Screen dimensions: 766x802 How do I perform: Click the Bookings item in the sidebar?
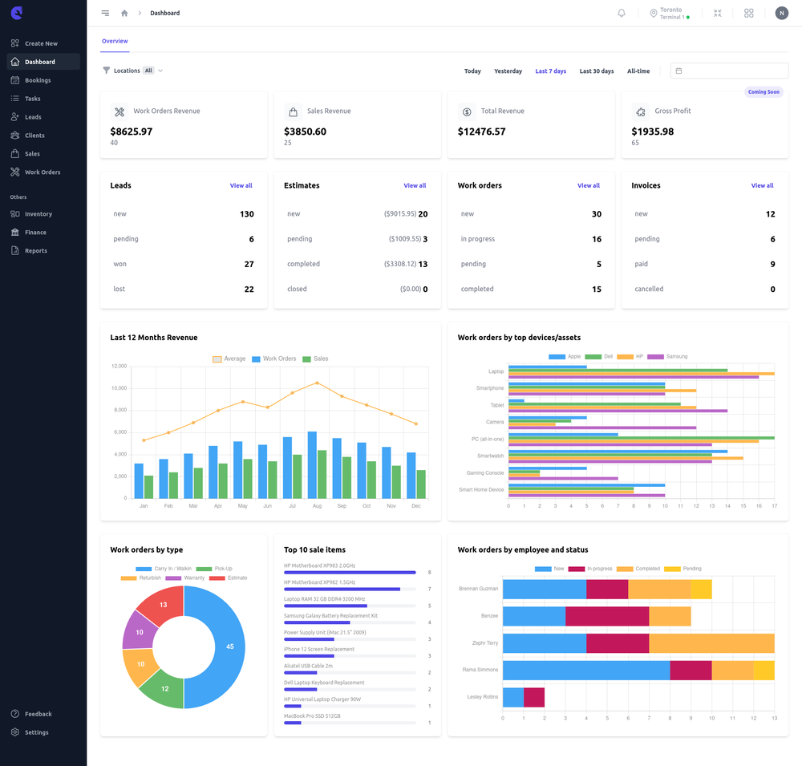point(37,80)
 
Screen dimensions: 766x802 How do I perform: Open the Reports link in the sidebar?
point(35,251)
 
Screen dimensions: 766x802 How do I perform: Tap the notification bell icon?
point(622,13)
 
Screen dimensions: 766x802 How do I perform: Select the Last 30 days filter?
point(597,71)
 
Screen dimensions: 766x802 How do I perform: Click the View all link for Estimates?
point(415,185)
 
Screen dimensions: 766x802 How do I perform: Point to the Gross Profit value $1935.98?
point(652,132)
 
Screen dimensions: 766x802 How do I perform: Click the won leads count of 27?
point(249,264)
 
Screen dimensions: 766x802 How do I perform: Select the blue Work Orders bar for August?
point(312,465)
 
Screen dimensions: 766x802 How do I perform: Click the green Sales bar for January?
point(148,487)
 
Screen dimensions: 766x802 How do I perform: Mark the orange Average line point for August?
point(317,383)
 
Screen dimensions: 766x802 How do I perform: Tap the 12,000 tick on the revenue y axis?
point(119,367)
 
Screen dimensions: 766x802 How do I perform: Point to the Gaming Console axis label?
point(485,473)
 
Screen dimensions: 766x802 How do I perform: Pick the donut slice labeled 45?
point(230,646)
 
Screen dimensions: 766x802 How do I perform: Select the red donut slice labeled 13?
point(163,605)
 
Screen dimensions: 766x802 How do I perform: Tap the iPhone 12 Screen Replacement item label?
point(319,649)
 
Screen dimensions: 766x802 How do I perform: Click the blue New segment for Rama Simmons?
point(585,670)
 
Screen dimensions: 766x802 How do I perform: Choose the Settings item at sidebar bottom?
point(36,732)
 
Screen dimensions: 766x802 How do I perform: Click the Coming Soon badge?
point(763,91)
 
